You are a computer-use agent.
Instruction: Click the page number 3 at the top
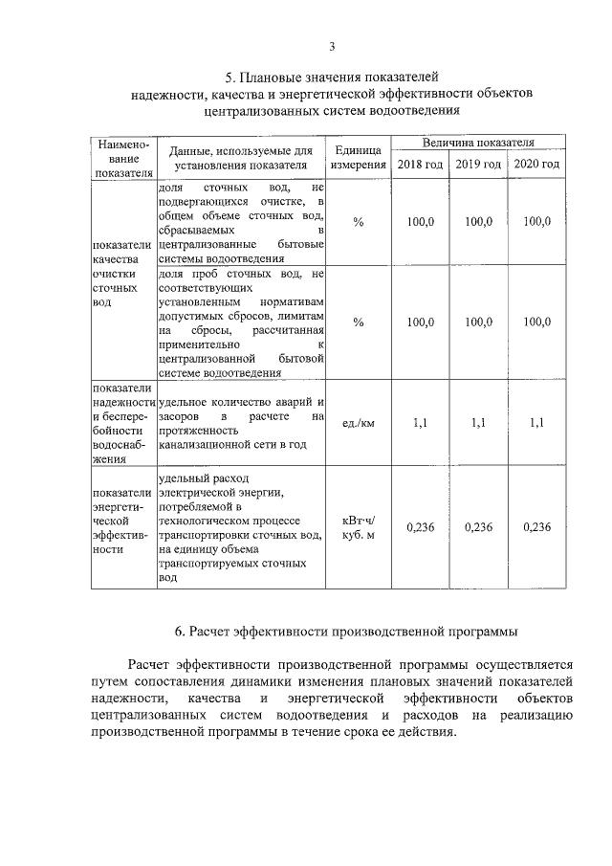(332, 46)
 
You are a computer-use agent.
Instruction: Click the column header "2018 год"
(420, 165)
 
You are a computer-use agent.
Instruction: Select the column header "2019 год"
(478, 165)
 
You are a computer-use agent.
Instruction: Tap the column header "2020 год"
(536, 165)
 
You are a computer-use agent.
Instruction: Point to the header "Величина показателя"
(478, 143)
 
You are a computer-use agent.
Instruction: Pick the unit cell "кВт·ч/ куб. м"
(358, 527)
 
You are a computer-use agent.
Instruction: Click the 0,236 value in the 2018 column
(420, 527)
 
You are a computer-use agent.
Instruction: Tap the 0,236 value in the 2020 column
(536, 527)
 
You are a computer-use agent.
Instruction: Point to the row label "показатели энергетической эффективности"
(120, 521)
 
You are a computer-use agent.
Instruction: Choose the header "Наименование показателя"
(120, 158)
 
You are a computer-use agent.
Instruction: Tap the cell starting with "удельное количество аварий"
(242, 424)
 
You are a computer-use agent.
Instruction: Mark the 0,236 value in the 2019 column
(478, 527)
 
